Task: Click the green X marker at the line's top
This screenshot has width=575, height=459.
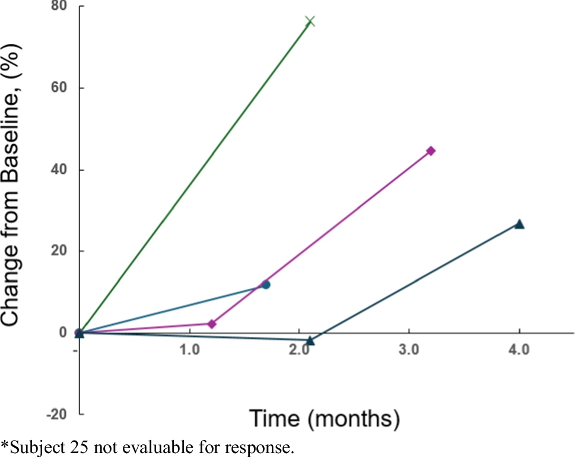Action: pos(309,22)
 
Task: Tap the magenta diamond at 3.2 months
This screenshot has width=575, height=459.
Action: pos(431,151)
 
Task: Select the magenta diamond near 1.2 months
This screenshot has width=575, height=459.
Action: pos(212,324)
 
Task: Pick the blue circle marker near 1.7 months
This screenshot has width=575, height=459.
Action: pos(266,285)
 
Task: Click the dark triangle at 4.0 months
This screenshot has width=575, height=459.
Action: pos(519,224)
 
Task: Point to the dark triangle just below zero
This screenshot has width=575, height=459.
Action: pos(310,340)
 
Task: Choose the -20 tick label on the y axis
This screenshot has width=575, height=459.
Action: pos(58,414)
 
